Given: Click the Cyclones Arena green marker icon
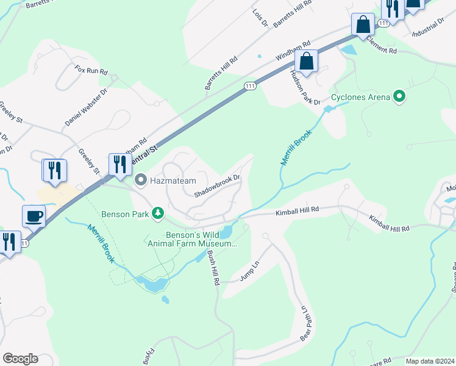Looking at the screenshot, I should [x=399, y=97].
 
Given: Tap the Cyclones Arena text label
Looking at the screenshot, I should [x=361, y=97].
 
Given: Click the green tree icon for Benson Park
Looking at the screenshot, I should [x=158, y=212].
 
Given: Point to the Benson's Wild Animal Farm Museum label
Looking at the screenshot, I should [x=191, y=239].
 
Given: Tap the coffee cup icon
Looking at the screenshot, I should [x=34, y=215].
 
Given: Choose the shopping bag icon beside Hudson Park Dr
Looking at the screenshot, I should [x=306, y=62].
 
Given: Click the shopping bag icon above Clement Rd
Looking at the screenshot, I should [x=363, y=26].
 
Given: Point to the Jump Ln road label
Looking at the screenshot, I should [x=250, y=271].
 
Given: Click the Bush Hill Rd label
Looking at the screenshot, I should [x=212, y=268].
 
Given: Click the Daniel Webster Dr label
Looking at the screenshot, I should [x=86, y=107].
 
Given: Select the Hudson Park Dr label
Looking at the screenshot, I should [x=305, y=88].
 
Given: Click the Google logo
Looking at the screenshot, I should [x=20, y=359].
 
